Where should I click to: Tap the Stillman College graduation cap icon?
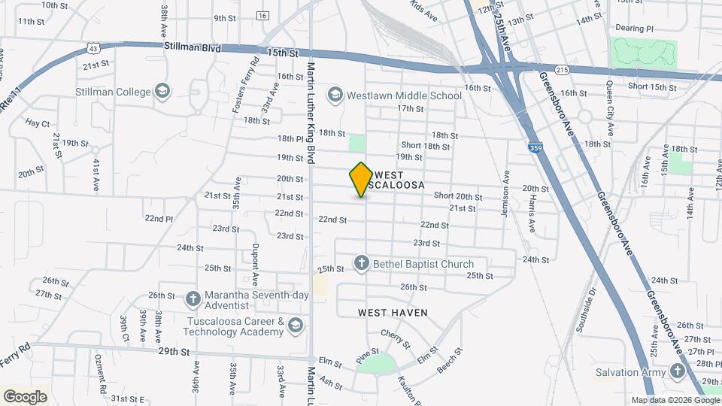click(x=162, y=92)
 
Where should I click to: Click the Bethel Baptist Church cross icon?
click(x=362, y=264)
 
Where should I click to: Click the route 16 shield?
click(x=262, y=16)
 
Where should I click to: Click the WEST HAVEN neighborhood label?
click(x=393, y=312)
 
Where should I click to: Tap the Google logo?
click(x=25, y=396)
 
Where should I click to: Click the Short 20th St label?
click(x=457, y=196)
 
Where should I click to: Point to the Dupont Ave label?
click(x=256, y=264)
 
